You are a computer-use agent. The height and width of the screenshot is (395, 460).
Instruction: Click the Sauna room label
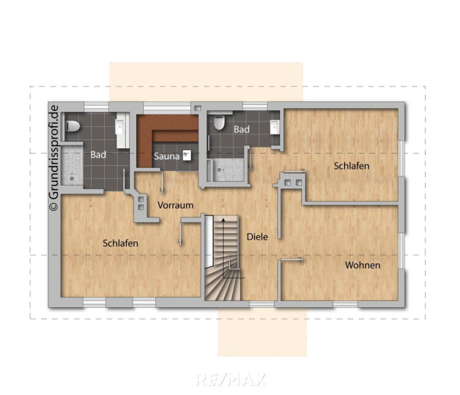tap(166, 156)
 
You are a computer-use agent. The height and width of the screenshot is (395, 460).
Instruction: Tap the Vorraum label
tap(175, 205)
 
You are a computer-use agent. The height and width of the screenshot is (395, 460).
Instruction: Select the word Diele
tap(257, 237)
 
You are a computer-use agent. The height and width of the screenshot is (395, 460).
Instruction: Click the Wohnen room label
tap(363, 265)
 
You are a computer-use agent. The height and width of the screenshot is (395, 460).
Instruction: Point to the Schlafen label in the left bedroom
tap(120, 243)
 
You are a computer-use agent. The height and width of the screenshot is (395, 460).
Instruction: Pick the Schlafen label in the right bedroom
tap(351, 166)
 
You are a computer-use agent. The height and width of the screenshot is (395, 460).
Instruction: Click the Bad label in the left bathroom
tap(98, 154)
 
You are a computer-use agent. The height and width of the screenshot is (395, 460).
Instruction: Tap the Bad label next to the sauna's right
tap(242, 130)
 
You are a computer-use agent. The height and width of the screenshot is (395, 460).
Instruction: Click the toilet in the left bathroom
tap(73, 126)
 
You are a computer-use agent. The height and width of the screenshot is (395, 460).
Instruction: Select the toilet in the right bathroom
tap(219, 123)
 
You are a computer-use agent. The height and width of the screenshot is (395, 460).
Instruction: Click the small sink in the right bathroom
tap(275, 127)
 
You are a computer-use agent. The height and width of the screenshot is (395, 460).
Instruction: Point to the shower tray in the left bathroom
tap(72, 166)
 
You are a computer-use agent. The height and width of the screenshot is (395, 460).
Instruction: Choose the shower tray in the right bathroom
tap(228, 170)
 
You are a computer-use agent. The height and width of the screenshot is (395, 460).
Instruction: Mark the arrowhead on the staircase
tap(223, 220)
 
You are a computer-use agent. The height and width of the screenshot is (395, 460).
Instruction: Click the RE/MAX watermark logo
tap(231, 379)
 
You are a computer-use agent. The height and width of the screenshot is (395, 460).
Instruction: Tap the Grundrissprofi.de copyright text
tap(54, 158)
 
